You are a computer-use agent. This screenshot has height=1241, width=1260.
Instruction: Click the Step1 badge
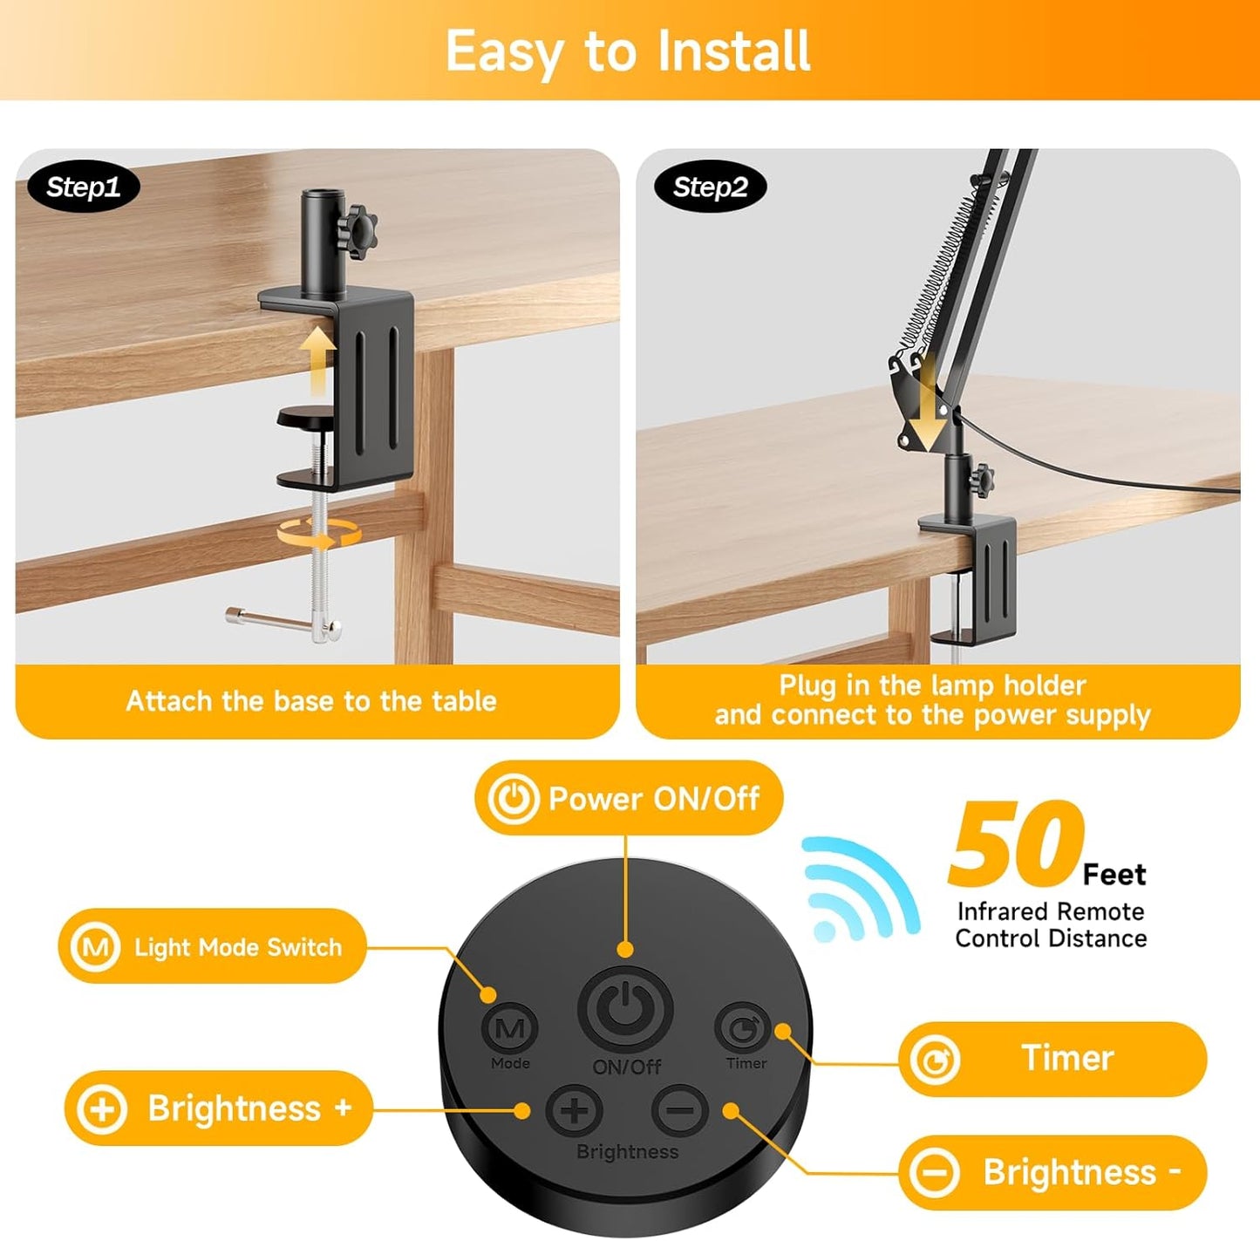click(83, 188)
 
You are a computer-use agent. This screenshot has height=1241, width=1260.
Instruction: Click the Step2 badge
click(710, 188)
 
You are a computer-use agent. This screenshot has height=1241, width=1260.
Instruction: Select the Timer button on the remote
click(743, 1029)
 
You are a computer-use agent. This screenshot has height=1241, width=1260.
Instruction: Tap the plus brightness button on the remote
click(575, 1111)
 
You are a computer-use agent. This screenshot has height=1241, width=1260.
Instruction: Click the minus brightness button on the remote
click(680, 1110)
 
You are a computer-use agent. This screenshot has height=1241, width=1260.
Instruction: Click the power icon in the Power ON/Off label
click(513, 798)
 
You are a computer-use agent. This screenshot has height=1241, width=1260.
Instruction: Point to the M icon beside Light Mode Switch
click(96, 946)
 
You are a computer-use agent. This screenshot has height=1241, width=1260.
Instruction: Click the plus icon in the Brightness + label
click(102, 1109)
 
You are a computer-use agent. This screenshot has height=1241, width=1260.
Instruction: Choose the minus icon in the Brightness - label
click(935, 1172)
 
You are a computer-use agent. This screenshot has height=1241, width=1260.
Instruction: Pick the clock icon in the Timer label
click(935, 1060)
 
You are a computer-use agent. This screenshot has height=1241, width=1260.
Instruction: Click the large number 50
click(1016, 843)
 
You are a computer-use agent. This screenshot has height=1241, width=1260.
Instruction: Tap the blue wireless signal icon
click(859, 890)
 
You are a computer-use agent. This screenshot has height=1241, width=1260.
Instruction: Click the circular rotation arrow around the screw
click(320, 532)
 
